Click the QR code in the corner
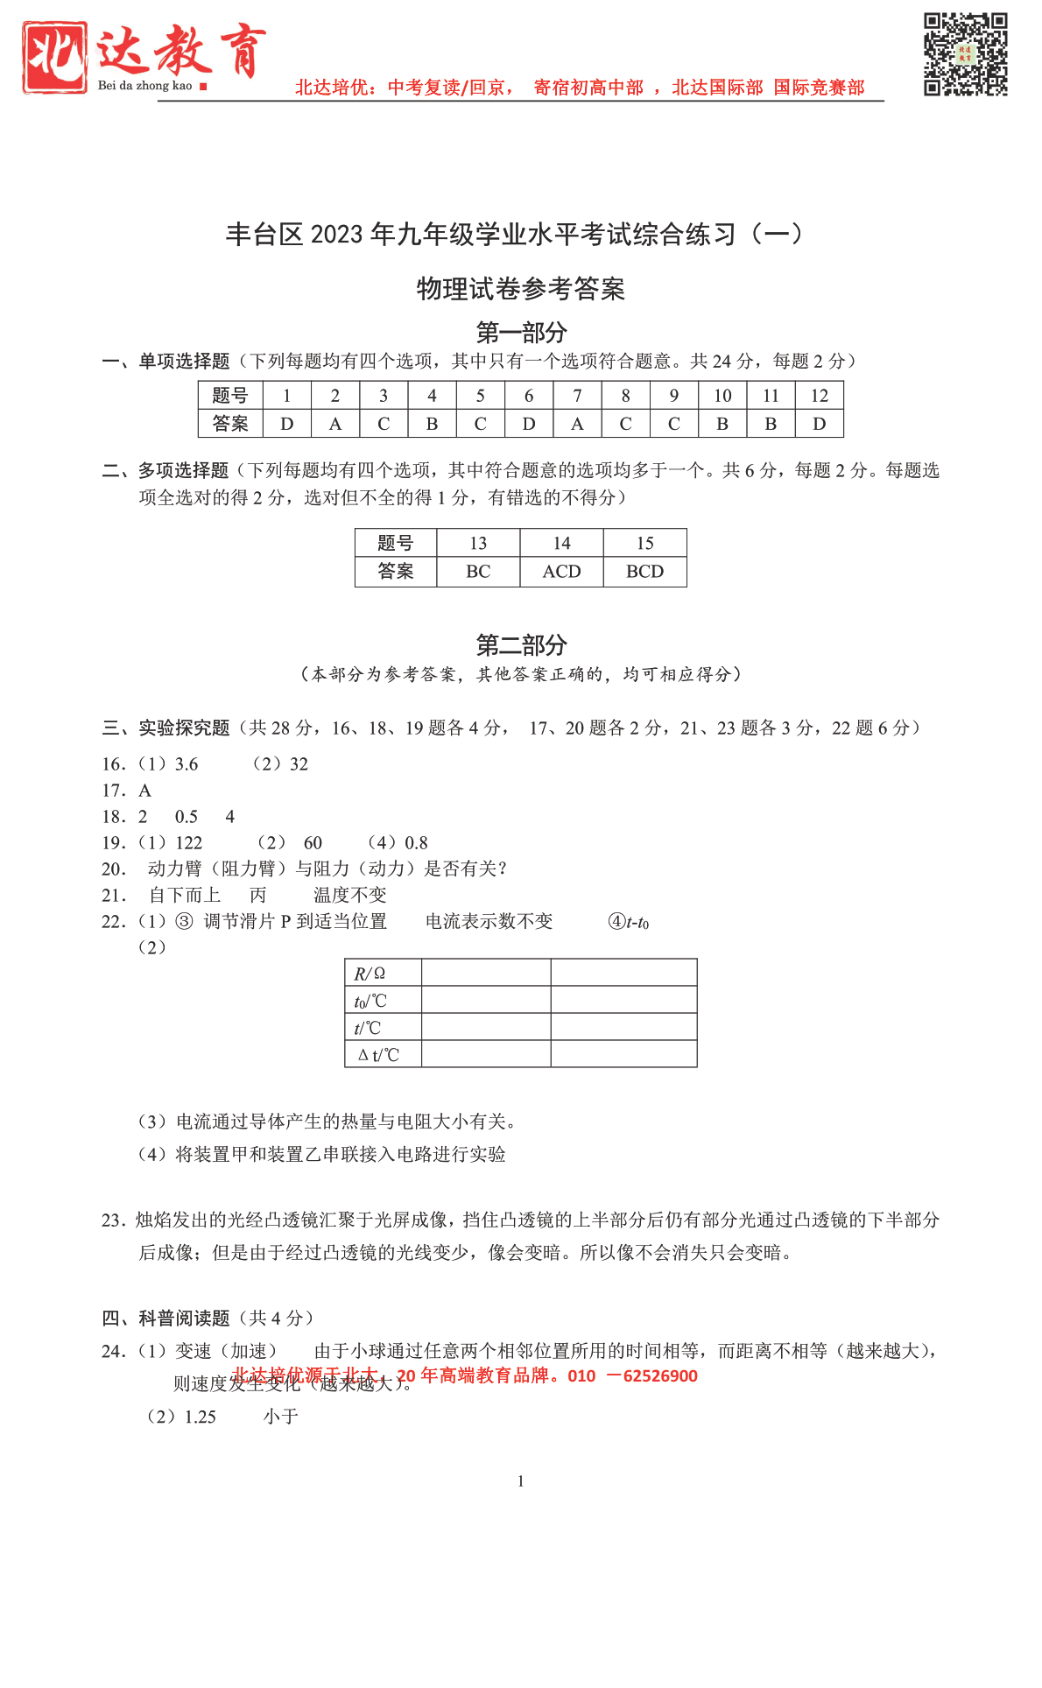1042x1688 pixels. point(966,54)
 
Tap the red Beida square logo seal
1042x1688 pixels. point(55,58)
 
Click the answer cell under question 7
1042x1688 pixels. point(577,424)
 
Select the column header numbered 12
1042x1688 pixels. point(819,396)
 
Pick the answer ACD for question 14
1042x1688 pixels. point(561,572)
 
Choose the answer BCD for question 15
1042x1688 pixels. point(644,572)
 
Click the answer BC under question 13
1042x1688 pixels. point(478,572)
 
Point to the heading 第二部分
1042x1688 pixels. point(521,645)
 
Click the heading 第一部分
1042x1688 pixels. point(521,333)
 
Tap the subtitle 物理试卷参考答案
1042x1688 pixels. point(521,289)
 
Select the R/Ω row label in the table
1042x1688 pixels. point(370,974)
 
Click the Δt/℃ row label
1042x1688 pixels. point(378,1055)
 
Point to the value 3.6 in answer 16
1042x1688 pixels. point(187,764)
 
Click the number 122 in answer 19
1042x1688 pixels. point(189,843)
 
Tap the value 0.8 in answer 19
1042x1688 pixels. point(416,843)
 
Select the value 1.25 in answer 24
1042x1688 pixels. point(201,1417)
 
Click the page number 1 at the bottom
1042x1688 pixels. point(521,1481)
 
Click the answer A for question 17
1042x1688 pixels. point(145,791)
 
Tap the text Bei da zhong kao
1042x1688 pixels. point(145,86)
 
